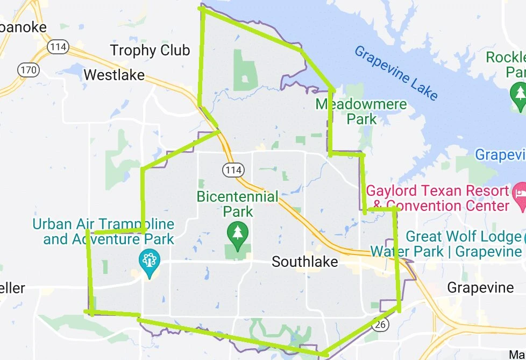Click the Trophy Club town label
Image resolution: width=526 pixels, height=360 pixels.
150,51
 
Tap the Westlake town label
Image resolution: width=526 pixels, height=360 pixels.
114,75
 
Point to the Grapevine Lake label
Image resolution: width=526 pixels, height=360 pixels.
396,73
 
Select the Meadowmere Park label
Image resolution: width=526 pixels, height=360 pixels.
361,111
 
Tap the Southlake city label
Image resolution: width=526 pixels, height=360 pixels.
305,262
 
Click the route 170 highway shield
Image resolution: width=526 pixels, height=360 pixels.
27,69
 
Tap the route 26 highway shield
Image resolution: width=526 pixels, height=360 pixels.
381,324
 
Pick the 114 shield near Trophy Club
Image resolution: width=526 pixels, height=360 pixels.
58,47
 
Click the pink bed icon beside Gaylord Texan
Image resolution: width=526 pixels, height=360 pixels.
519,190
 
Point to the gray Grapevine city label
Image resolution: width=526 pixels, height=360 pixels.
480,287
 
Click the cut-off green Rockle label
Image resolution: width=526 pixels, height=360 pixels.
506,64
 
